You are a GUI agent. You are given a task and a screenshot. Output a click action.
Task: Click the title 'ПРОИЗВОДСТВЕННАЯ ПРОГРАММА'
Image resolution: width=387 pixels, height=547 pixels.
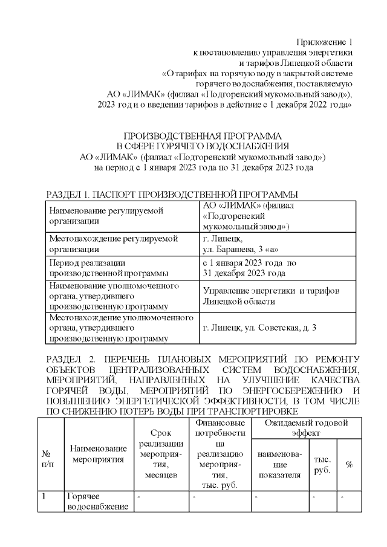(x=203, y=135)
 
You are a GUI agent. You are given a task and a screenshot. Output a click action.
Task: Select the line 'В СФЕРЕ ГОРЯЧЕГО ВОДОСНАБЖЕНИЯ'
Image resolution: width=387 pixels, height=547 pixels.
(x=203, y=146)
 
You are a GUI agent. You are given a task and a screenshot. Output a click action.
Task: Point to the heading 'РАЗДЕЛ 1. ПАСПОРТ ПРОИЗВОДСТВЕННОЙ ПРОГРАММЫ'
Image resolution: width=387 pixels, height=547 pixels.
(x=172, y=195)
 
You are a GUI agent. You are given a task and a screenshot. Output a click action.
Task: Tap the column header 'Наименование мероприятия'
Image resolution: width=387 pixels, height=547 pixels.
(x=99, y=453)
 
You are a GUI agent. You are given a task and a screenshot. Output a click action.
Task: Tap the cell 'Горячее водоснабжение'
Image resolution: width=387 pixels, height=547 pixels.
(x=97, y=501)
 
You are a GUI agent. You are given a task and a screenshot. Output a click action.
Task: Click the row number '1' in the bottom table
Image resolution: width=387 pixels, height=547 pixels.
(x=45, y=496)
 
